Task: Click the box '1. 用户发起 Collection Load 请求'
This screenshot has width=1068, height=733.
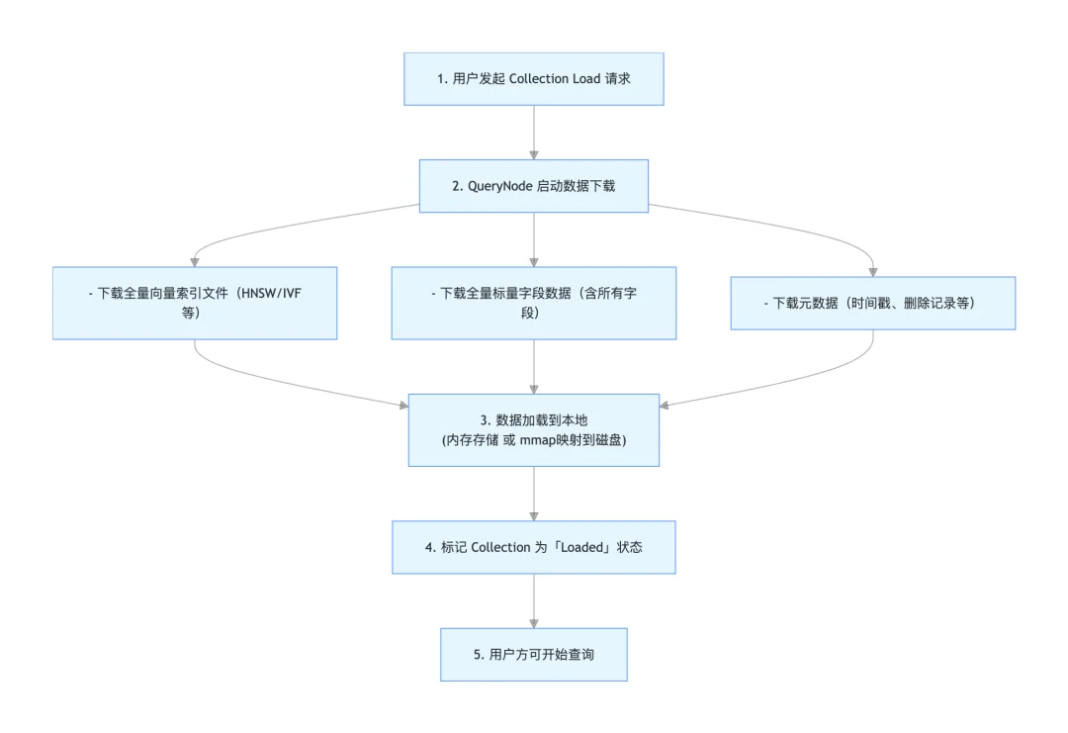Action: (x=534, y=79)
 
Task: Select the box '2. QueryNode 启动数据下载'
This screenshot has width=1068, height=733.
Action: (x=534, y=186)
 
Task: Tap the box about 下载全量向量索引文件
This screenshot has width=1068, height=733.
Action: (x=194, y=304)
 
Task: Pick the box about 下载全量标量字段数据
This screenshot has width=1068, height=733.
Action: (x=534, y=304)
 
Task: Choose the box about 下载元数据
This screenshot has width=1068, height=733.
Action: (x=873, y=303)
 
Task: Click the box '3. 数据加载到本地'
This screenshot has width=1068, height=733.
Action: (x=534, y=430)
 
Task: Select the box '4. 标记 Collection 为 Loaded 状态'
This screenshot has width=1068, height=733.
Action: (x=534, y=547)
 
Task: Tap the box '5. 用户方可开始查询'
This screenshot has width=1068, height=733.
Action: (x=534, y=654)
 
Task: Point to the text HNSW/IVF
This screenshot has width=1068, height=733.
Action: (x=294, y=294)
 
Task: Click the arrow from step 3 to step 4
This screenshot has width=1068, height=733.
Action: (x=534, y=493)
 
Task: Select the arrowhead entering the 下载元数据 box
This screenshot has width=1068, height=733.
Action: (x=873, y=270)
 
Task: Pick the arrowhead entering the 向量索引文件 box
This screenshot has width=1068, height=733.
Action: (x=194, y=260)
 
